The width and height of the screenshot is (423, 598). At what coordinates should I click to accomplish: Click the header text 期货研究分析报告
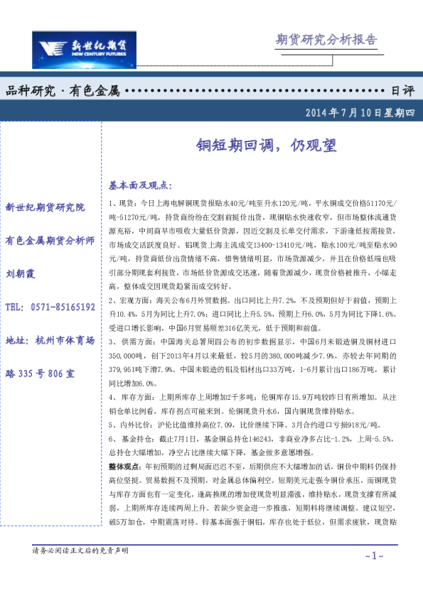[326, 39]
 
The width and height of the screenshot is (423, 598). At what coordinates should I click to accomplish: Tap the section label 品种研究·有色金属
[62, 91]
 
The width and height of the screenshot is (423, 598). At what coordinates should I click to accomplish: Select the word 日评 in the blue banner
[402, 91]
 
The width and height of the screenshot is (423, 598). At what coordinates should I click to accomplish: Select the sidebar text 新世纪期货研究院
[45, 207]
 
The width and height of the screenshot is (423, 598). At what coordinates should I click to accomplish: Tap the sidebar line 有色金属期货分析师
[50, 240]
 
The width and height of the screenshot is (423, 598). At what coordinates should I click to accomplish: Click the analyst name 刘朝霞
[21, 273]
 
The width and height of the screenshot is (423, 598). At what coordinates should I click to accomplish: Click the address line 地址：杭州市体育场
[50, 341]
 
